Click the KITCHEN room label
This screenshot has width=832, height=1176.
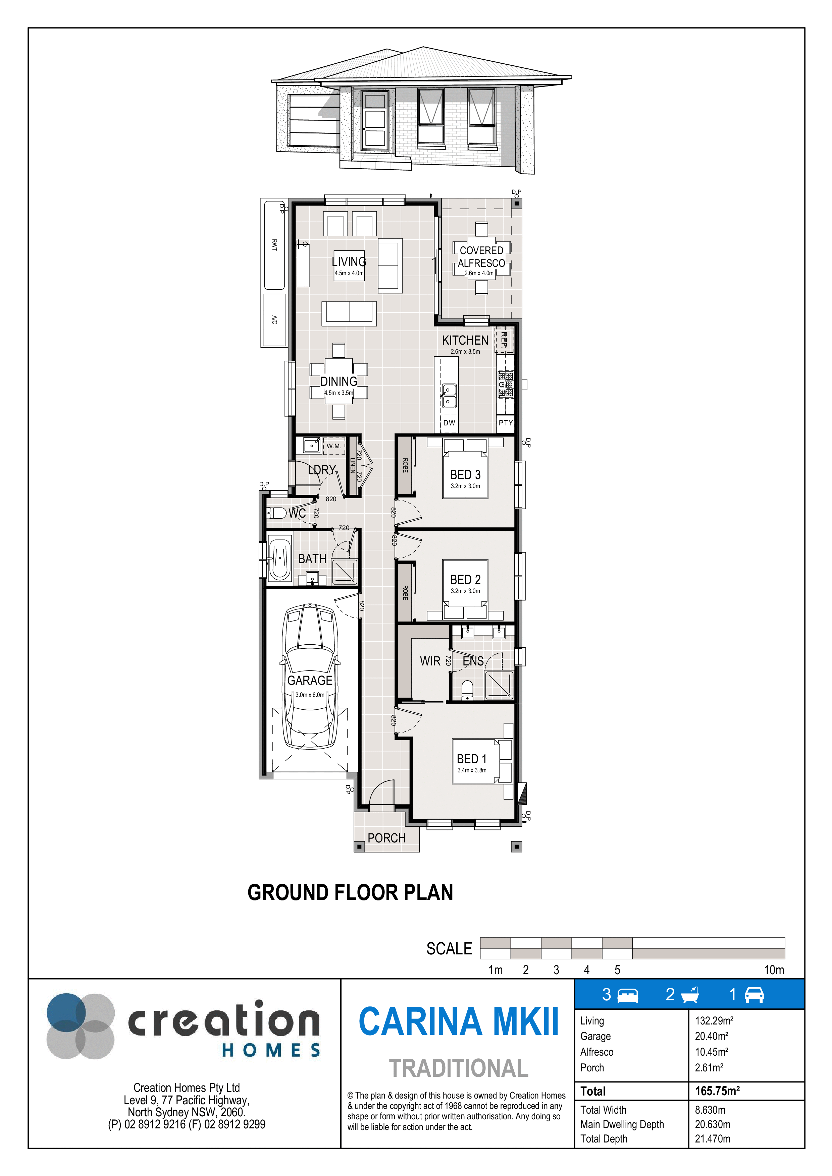[465, 340]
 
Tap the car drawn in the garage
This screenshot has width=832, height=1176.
[310, 676]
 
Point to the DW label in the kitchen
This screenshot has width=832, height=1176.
[449, 422]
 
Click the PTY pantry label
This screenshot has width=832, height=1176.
[506, 422]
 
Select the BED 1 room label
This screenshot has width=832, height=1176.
[472, 759]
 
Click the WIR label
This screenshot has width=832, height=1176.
[430, 661]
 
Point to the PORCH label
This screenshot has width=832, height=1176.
[386, 838]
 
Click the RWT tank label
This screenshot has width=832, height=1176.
[274, 245]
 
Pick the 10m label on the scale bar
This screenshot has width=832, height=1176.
[774, 969]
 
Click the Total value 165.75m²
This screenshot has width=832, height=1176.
[717, 1091]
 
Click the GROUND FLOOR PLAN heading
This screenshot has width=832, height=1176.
[350, 893]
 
